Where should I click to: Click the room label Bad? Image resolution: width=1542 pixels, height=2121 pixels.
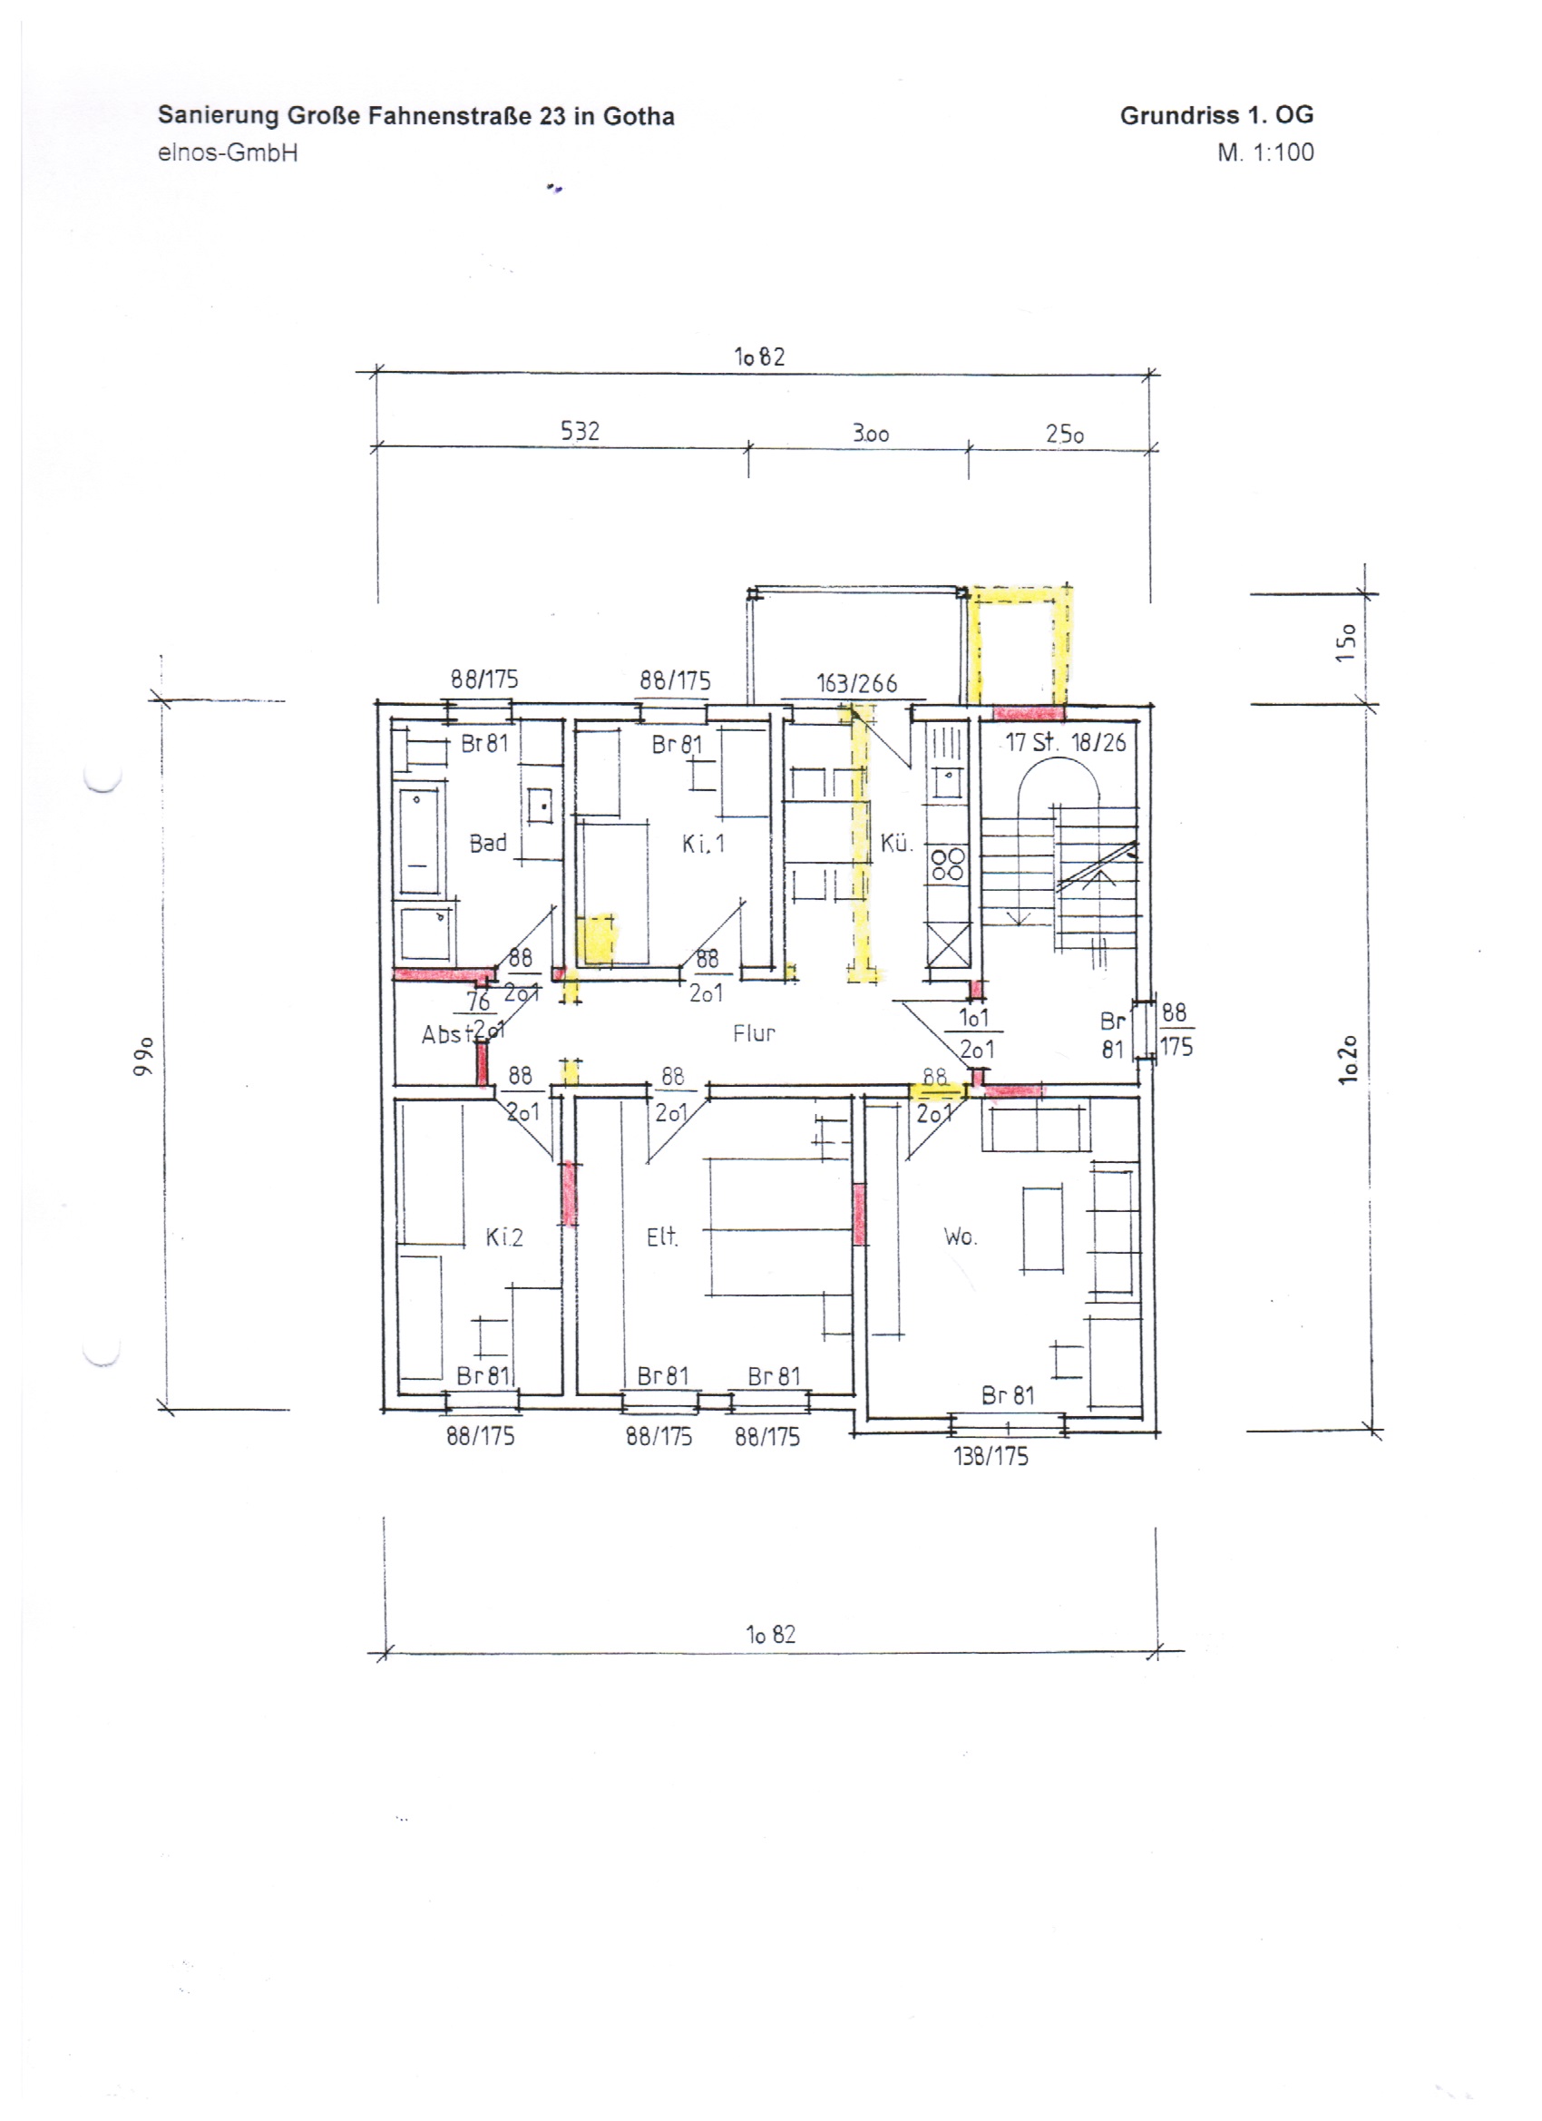click(488, 843)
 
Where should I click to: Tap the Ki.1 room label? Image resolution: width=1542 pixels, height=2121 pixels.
click(703, 844)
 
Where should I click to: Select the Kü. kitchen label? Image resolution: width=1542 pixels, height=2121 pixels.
click(896, 843)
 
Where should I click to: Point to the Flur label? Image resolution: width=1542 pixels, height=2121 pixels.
click(754, 1033)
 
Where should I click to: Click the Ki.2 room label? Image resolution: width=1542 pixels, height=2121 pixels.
click(504, 1237)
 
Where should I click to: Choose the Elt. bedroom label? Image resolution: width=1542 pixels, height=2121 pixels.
click(662, 1237)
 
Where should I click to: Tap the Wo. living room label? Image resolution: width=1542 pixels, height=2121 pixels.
click(961, 1237)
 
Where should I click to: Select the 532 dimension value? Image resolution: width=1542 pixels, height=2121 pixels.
click(580, 431)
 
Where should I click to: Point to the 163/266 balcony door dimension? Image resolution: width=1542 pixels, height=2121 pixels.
click(856, 684)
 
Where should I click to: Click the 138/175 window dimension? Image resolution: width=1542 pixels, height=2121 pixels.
click(991, 1456)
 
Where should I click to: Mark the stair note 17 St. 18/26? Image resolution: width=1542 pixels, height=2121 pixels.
click(1066, 743)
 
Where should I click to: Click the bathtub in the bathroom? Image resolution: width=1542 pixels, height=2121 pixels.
click(418, 843)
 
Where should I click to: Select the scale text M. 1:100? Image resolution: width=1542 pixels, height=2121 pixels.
click(1265, 152)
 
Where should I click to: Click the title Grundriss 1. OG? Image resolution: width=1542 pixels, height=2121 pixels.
click(1216, 115)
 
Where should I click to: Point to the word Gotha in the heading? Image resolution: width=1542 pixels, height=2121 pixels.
click(639, 116)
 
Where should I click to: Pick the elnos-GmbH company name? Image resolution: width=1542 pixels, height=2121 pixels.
click(229, 152)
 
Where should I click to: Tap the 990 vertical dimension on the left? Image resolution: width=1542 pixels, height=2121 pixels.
click(143, 1056)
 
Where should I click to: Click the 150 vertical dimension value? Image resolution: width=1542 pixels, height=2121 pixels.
click(1346, 642)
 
